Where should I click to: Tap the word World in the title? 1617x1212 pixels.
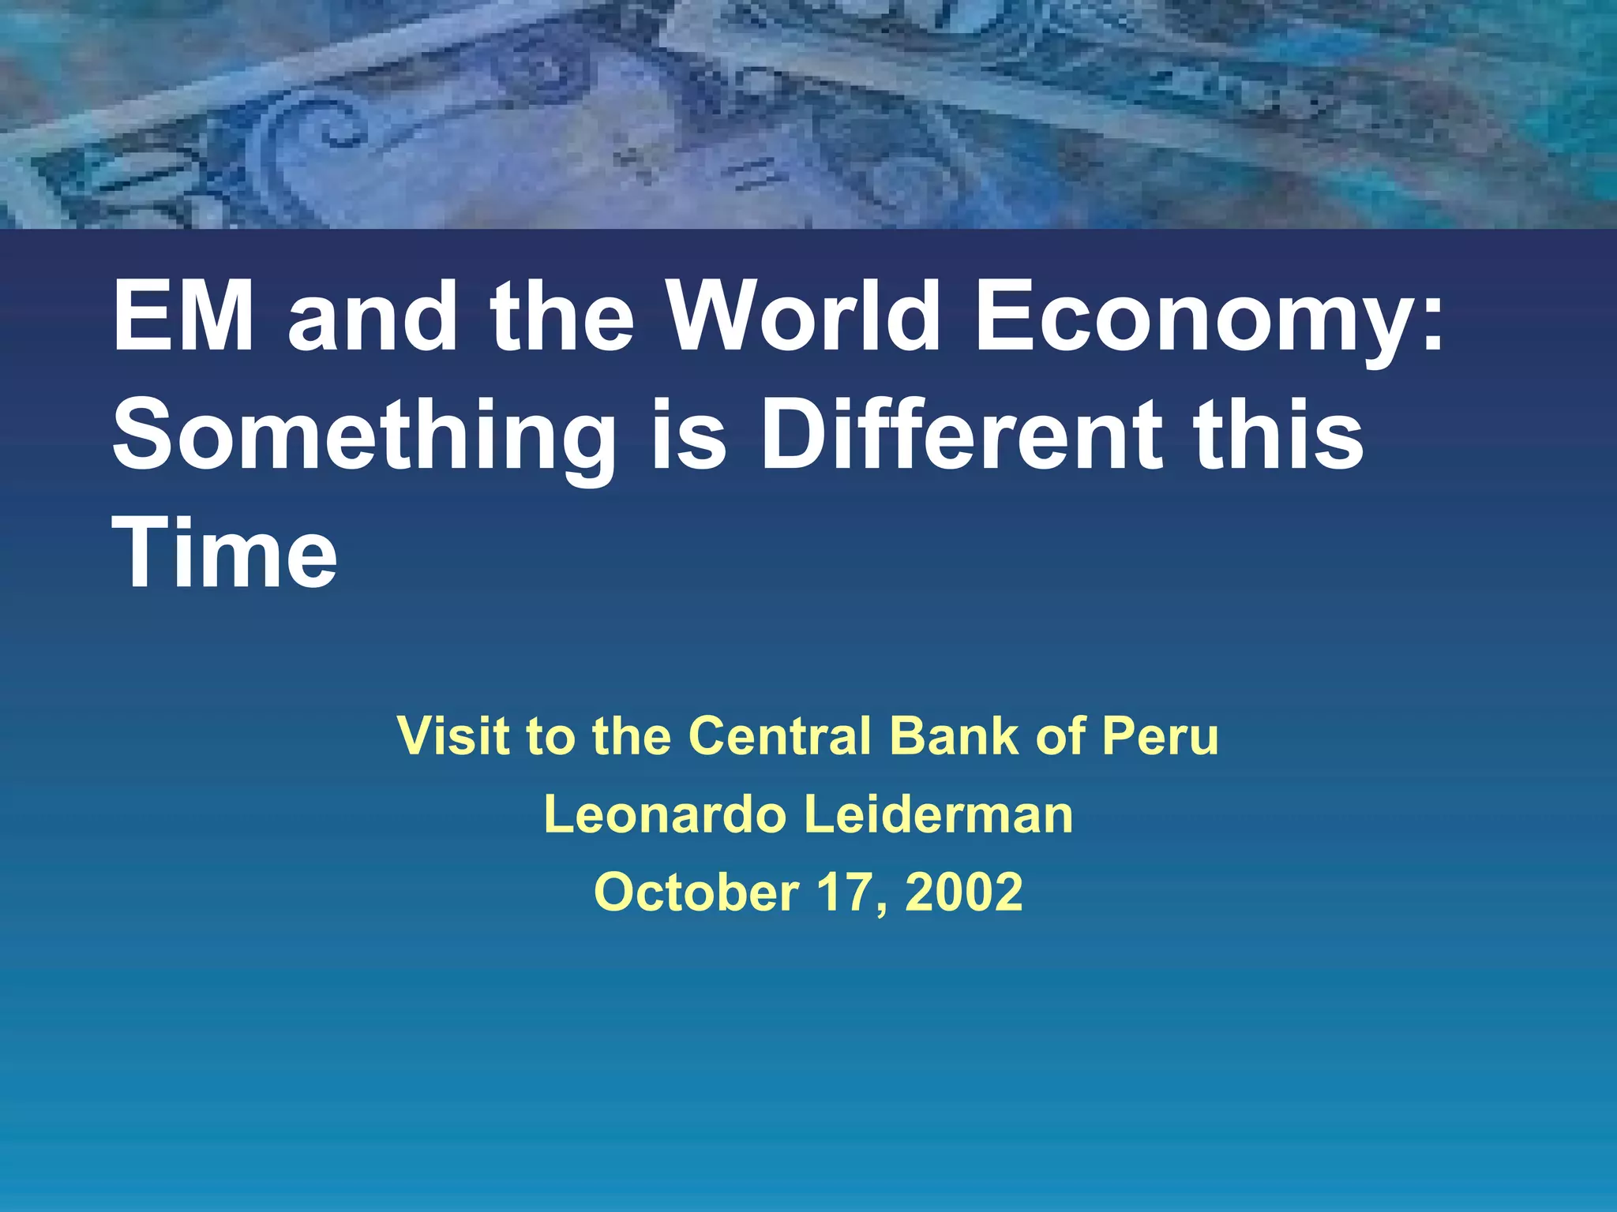[805, 316]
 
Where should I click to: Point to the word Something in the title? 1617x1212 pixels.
[364, 439]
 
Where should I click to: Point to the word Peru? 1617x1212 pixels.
[1160, 736]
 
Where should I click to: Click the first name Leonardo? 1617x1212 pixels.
[662, 814]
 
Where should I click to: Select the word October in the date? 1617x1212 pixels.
[696, 892]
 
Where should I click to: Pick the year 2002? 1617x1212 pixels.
[964, 892]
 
